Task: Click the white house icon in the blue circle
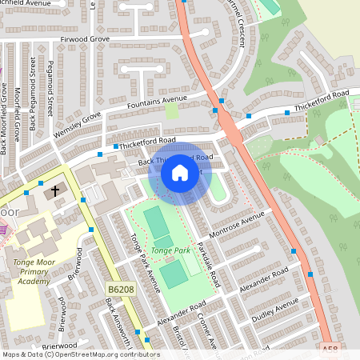click(x=180, y=173)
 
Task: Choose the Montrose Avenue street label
click(x=236, y=225)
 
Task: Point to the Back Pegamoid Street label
click(x=34, y=111)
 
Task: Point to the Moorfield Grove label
click(x=18, y=120)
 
